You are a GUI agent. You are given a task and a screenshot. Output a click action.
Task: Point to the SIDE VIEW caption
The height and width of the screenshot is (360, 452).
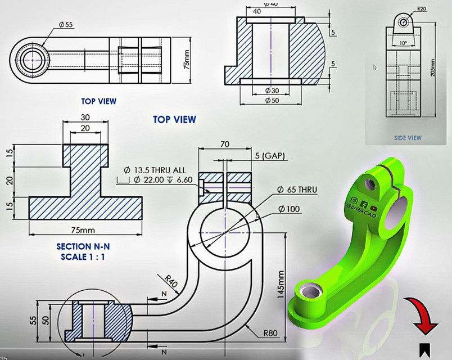point(407,137)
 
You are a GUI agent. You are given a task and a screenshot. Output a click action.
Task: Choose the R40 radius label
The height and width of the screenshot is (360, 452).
point(171,280)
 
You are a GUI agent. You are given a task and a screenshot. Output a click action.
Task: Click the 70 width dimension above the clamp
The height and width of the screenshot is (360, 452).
point(225,145)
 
